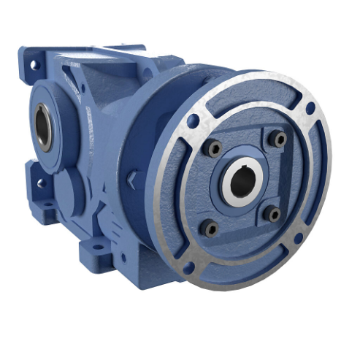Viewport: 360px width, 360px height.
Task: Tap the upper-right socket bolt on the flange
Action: pos(278,137)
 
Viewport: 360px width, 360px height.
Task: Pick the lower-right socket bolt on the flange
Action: pos(272,214)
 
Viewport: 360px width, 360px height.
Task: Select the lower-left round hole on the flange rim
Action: pos(188,267)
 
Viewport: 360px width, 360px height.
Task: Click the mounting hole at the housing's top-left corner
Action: pos(31,65)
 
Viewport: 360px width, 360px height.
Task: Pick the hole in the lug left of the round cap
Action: pos(41,183)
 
